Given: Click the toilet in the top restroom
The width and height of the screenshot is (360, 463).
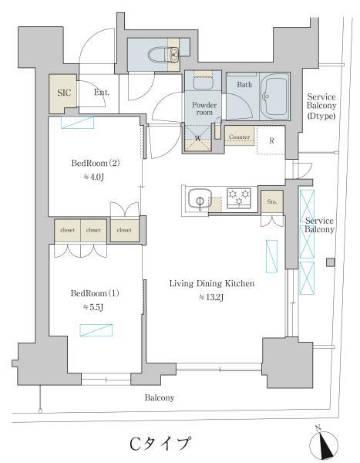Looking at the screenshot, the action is tap(158, 55).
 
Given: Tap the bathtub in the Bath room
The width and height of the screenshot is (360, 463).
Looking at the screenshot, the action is tap(275, 95).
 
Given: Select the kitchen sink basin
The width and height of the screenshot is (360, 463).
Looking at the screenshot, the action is tap(200, 198).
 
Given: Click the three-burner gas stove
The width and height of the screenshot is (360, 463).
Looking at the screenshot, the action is tap(239, 198).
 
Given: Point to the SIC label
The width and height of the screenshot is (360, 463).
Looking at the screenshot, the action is tap(64, 93).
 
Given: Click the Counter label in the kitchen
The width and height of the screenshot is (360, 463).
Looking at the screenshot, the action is tap(239, 137).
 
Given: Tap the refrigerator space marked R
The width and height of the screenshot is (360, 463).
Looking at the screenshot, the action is tap(271, 140).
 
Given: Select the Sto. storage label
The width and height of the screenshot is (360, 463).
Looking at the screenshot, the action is tap(272, 201).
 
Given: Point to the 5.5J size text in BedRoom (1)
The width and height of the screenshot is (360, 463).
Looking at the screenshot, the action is tap(93, 307).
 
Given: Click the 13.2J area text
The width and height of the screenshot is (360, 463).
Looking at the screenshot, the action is tap(211, 297).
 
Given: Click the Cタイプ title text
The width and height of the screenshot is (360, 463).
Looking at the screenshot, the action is tap(160, 443).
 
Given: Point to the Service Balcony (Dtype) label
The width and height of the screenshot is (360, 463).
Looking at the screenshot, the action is tap(321, 106).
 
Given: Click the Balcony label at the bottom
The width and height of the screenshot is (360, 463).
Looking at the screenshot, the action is tap(160, 397).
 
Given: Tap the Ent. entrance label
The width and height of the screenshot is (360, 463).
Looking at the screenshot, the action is tap(102, 92).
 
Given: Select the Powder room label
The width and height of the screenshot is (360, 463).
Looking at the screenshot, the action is tap(204, 108).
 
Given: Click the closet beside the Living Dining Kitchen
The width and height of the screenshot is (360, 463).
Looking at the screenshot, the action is tap(124, 230).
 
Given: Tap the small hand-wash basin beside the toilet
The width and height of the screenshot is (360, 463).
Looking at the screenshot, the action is tap(174, 54).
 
